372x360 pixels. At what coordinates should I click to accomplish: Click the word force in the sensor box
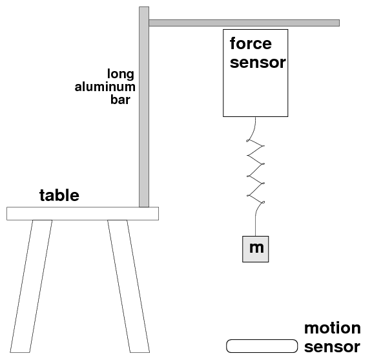(251, 44)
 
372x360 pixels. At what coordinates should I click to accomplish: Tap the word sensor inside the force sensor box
(258, 63)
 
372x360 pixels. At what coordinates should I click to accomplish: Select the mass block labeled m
(256, 249)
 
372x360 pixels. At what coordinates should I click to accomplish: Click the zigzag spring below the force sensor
(256, 171)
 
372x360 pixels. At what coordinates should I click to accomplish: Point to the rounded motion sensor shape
(262, 346)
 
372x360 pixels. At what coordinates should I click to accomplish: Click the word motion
(333, 328)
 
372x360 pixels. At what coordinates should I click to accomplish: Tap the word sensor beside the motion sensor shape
(332, 347)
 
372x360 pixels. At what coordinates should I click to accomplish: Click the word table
(59, 195)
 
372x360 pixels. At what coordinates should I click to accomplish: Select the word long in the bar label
(121, 74)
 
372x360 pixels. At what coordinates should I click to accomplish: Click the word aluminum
(105, 87)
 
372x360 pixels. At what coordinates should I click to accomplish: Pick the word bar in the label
(120, 100)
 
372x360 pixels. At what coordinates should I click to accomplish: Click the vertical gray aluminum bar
(144, 107)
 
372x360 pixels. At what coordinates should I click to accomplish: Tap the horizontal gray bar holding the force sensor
(244, 23)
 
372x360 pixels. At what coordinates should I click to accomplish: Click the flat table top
(83, 213)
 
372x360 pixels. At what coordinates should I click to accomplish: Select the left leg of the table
(31, 286)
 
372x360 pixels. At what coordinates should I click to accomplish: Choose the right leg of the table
(129, 286)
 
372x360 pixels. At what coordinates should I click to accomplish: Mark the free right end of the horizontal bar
(339, 23)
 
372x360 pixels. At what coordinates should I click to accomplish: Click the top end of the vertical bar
(144, 7)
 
